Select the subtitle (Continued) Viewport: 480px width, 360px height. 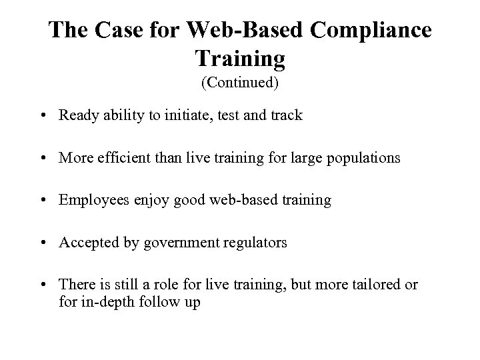tap(240, 84)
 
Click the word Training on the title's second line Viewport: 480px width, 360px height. tap(240, 59)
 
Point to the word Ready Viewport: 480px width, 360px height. tap(78, 115)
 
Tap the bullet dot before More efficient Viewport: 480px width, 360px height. tap(43, 158)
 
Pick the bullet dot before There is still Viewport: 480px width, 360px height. tap(43, 285)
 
